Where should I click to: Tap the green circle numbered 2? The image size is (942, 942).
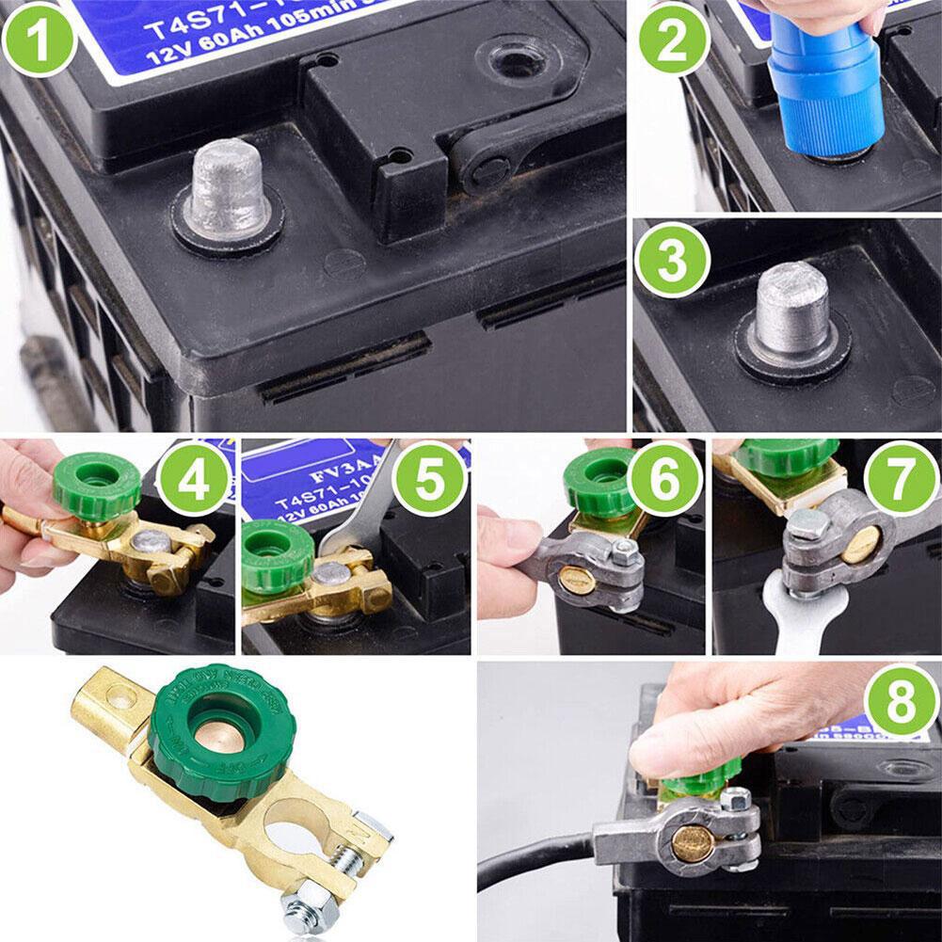[x=674, y=42]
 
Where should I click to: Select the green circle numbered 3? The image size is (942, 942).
[x=672, y=262]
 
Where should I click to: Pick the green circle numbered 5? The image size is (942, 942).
[x=429, y=481]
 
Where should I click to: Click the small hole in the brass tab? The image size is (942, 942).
[x=117, y=697]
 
